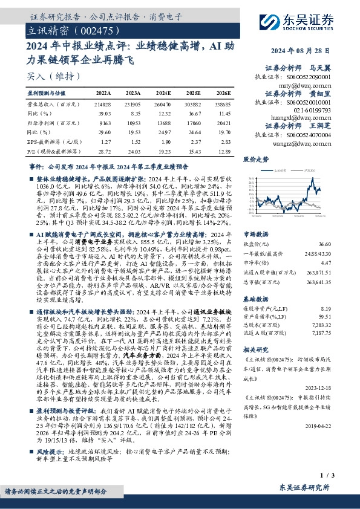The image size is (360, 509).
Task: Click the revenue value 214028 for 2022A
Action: click(x=103, y=104)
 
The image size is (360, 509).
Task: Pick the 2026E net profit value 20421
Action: click(x=223, y=122)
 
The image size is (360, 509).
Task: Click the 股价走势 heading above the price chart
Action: click(x=255, y=160)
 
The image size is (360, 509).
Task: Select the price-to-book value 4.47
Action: click(x=343, y=263)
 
